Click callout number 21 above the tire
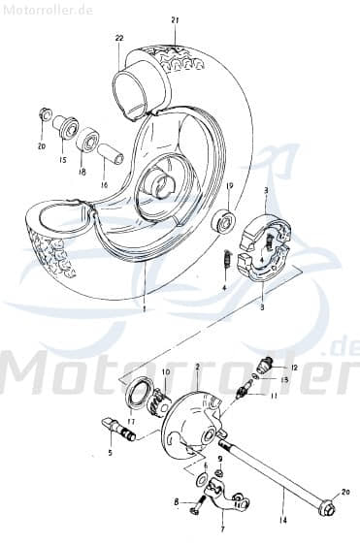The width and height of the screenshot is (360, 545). click(x=175, y=19)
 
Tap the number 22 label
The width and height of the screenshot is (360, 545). click(x=119, y=38)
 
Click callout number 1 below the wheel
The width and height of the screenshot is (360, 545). click(x=144, y=310)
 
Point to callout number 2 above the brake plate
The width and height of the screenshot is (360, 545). click(x=198, y=369)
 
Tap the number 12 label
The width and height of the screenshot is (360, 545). click(x=295, y=368)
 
